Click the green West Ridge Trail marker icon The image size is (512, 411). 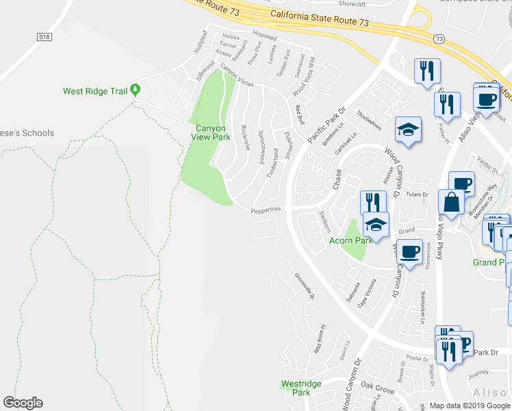click(x=136, y=89)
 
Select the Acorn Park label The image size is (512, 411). click(x=350, y=240)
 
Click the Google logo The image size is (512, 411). click(x=23, y=403)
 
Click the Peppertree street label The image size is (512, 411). click(x=266, y=210)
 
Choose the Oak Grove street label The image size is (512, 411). click(x=378, y=389)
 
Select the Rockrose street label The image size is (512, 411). click(x=245, y=139)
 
